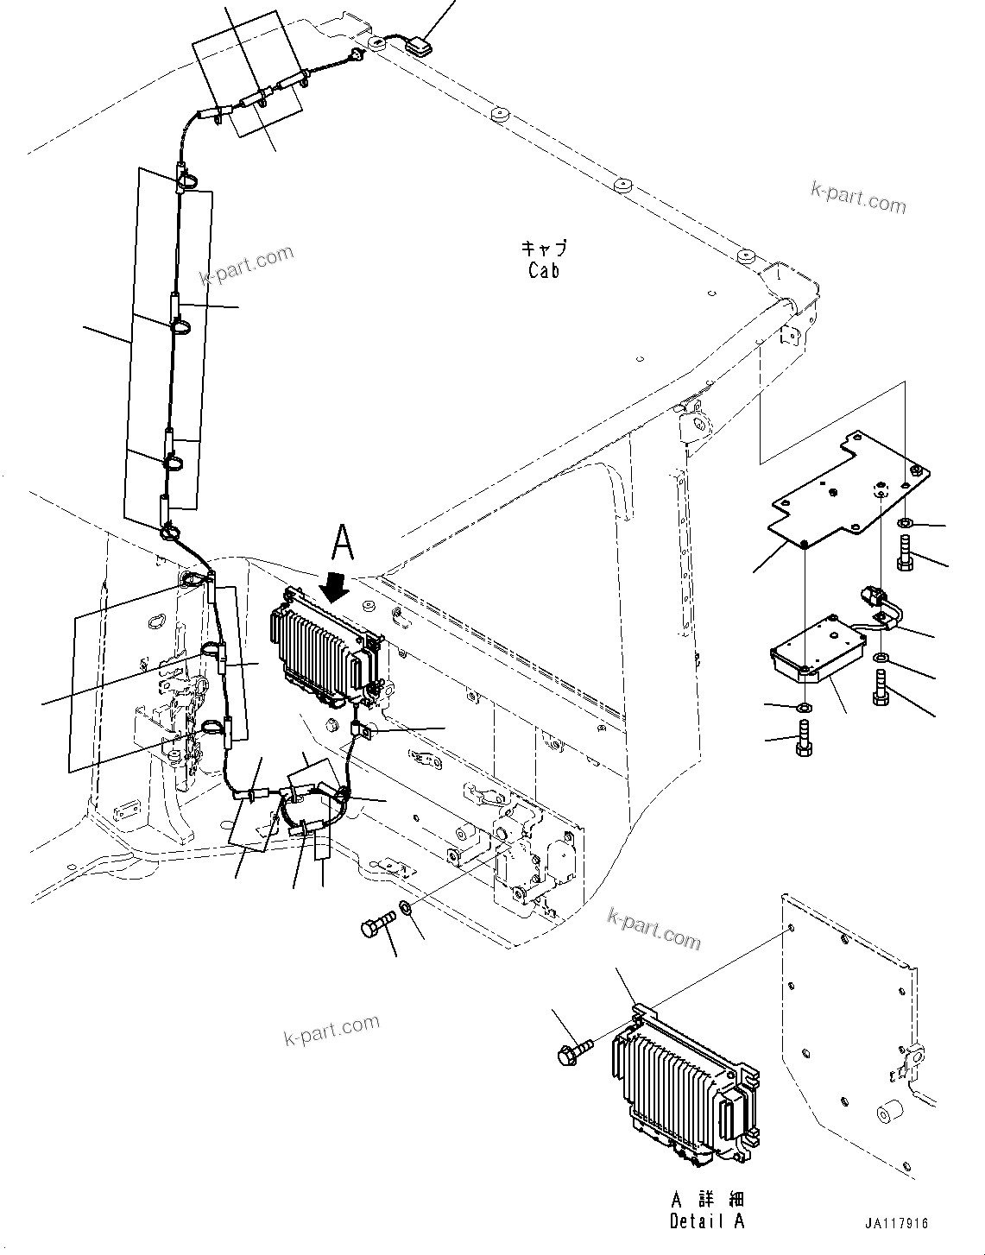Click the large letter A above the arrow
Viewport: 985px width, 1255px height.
click(x=343, y=544)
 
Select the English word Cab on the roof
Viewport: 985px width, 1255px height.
click(x=544, y=270)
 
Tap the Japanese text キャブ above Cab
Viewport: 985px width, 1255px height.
click(x=544, y=249)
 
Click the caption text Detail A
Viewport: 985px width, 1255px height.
click(x=707, y=1220)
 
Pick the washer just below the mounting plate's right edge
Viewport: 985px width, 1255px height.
click(x=904, y=523)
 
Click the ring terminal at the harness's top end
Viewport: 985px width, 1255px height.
click(x=354, y=57)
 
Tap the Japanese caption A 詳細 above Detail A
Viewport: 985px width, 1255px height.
click(x=707, y=1200)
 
